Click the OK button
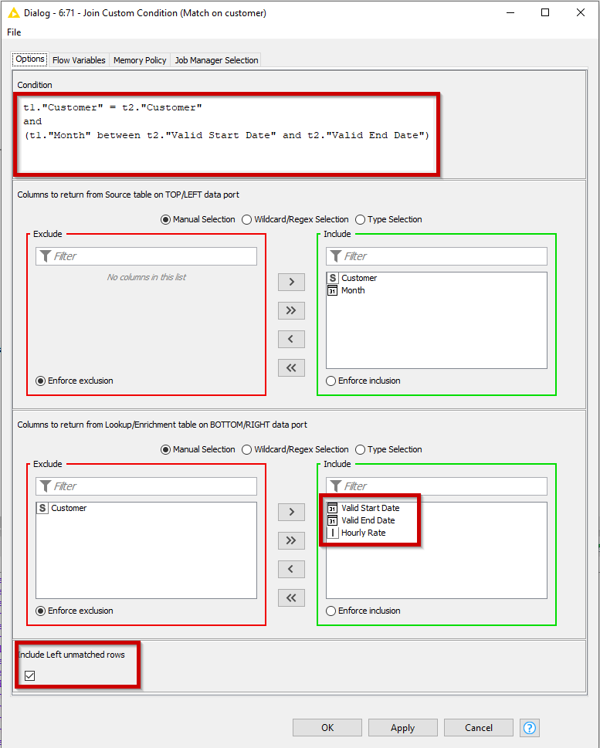tap(327, 727)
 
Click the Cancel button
tap(479, 727)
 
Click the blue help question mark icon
tap(530, 727)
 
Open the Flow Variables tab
tap(79, 60)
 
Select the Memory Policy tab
tap(140, 60)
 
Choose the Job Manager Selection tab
tap(216, 60)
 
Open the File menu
tap(14, 32)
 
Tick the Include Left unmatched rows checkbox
tap(30, 675)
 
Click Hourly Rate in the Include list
tap(363, 533)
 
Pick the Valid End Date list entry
tap(368, 520)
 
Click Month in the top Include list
tap(353, 290)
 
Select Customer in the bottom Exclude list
tap(69, 508)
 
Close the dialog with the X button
tap(580, 12)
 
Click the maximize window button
tap(544, 12)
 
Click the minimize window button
tap(509, 12)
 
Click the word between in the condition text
tap(119, 135)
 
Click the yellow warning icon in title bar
tap(13, 12)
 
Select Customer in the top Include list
tap(359, 278)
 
